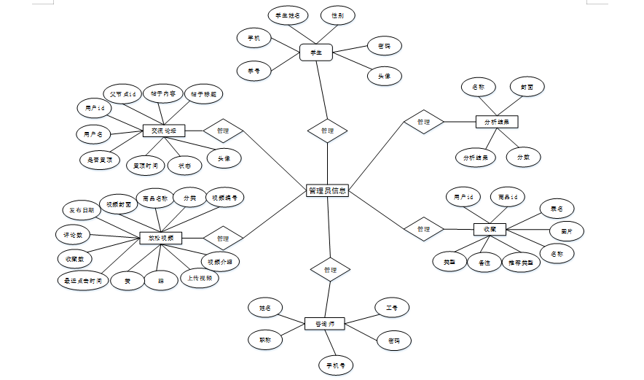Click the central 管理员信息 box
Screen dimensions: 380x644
[327, 191]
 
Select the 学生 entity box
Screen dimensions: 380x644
[316, 53]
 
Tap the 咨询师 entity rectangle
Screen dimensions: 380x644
[324, 323]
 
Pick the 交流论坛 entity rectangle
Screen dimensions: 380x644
[164, 131]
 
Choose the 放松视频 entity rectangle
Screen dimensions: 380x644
[160, 238]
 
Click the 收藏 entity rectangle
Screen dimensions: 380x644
[490, 229]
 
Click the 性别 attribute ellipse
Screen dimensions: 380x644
[338, 15]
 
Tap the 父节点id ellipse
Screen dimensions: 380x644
[119, 94]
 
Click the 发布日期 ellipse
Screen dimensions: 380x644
[82, 211]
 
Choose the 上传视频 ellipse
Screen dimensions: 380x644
[200, 278]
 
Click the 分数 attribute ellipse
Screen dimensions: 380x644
[523, 157]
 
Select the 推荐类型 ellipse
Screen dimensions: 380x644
[522, 261]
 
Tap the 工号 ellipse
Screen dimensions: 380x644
[392, 309]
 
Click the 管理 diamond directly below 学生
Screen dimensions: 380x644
[327, 131]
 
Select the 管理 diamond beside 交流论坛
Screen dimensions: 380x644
[223, 131]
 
